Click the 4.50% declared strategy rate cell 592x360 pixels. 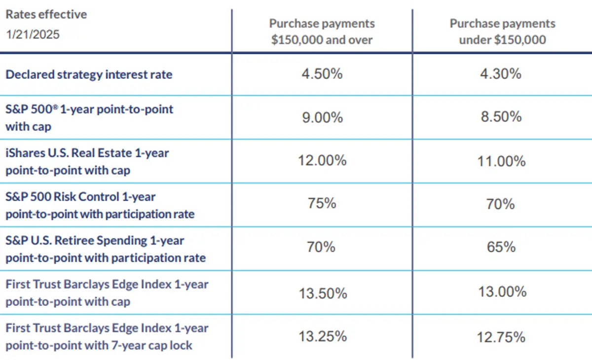322,74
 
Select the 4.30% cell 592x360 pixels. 501,74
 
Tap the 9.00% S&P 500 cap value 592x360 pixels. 322,117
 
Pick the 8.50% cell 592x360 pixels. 501,117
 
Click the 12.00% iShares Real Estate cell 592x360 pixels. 322,161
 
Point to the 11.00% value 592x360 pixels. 501,161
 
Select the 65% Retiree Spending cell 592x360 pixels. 501,247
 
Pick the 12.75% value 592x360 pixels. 501,338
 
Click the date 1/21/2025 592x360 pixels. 33,35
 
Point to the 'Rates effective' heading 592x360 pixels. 46,14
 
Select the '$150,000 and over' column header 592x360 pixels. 322,32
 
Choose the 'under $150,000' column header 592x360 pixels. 502,32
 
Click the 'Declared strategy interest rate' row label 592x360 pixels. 89,74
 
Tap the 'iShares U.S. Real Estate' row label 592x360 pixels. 87,161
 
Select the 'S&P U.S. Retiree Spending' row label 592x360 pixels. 105,249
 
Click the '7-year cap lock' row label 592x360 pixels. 107,336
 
